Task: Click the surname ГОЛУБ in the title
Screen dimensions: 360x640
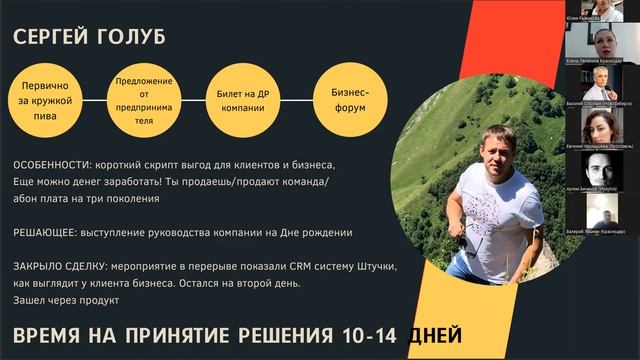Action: (x=128, y=38)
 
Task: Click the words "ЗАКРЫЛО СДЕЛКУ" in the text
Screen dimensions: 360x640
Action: (x=56, y=267)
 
